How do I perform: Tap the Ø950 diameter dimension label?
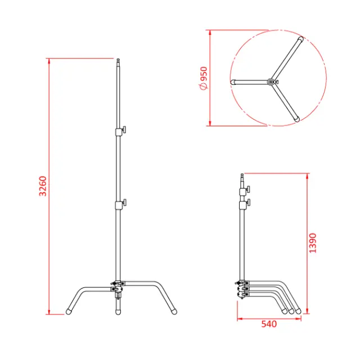(x=203, y=78)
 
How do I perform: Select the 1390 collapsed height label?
(x=313, y=243)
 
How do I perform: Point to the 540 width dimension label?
(x=269, y=325)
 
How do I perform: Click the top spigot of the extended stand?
(x=119, y=60)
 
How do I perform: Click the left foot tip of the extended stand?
(x=70, y=309)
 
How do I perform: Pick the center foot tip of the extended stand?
(x=118, y=309)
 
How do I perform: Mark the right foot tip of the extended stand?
(x=174, y=309)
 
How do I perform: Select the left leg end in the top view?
(x=232, y=82)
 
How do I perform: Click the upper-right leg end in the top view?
(x=301, y=40)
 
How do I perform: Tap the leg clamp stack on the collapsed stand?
(x=242, y=289)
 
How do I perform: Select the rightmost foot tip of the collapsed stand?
(x=299, y=309)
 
